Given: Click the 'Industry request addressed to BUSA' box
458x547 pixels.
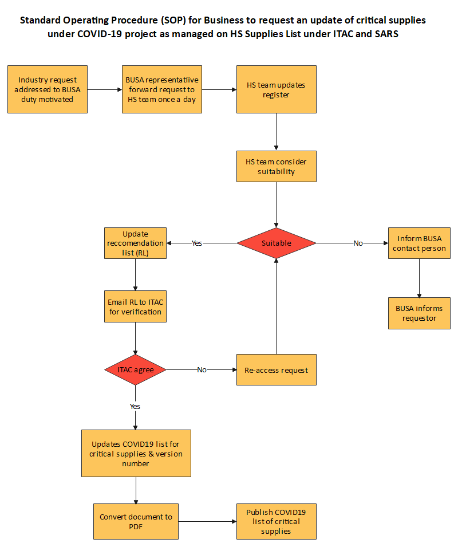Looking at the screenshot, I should pos(48,89).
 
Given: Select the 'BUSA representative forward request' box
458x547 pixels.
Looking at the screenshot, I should pos(162,89).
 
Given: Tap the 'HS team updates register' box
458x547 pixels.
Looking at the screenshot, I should pos(277,89).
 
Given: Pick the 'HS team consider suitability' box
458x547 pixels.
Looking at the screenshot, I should pos(277,167).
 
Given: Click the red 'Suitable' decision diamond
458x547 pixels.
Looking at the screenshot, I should pos(277,243).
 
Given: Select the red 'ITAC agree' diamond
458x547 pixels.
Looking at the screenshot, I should pos(136,370).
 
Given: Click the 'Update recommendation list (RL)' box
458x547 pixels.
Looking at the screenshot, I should pos(136,243).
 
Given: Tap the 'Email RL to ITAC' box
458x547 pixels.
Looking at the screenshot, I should pos(136,307).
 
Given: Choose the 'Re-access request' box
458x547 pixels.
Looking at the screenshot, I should pos(277,370).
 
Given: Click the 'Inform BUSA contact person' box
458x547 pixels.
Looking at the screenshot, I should pos(420,243).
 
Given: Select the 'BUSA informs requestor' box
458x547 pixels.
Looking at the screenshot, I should pos(420,313).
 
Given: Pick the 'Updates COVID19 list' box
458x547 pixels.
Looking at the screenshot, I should pos(136,453).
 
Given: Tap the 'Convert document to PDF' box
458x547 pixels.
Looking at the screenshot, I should pos(136,521).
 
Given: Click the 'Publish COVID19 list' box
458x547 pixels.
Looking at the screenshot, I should pos(277,521).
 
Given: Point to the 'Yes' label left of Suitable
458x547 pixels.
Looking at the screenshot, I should pos(197,243).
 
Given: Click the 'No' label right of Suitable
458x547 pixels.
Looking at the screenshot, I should pos(358,243).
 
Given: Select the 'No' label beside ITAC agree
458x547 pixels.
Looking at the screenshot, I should pos(202,370).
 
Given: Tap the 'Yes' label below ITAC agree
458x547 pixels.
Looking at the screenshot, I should pos(136,406).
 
